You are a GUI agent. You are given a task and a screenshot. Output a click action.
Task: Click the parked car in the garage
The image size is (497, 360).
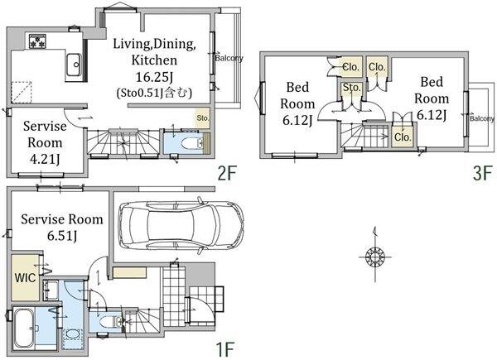point(181,225)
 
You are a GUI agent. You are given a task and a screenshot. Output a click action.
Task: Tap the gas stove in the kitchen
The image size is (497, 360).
point(37,41)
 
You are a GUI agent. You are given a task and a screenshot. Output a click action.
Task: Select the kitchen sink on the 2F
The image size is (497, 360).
point(74,65)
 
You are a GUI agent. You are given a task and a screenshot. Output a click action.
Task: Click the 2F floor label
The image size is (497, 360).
point(227,173)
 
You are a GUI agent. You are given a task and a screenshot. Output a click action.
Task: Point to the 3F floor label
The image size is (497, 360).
point(482,173)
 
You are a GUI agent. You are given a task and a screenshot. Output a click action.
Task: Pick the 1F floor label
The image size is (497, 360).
point(225,349)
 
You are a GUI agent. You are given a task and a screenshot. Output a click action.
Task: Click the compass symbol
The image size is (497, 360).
point(375,255)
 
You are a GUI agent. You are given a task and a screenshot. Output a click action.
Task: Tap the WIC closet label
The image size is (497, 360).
point(25,278)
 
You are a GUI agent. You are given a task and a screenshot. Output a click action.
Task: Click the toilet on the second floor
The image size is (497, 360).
point(192,143)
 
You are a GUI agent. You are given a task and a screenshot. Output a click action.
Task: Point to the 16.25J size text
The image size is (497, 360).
point(154,77)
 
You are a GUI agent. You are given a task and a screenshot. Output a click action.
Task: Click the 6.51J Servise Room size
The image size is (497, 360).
point(62,236)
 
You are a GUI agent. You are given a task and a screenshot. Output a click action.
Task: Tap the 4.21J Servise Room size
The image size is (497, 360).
point(45,159)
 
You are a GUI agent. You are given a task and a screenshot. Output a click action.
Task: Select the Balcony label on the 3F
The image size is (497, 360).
point(482,118)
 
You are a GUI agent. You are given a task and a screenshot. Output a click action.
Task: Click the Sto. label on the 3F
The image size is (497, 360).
point(352,88)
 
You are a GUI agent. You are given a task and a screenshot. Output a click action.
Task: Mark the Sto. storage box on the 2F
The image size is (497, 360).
point(203,118)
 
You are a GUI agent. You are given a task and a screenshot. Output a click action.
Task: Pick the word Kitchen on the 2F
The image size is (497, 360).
point(154,60)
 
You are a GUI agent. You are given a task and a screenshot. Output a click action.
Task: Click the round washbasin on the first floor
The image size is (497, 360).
point(73,335)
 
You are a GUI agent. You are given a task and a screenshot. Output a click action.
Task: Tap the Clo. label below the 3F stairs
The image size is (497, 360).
point(403,137)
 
